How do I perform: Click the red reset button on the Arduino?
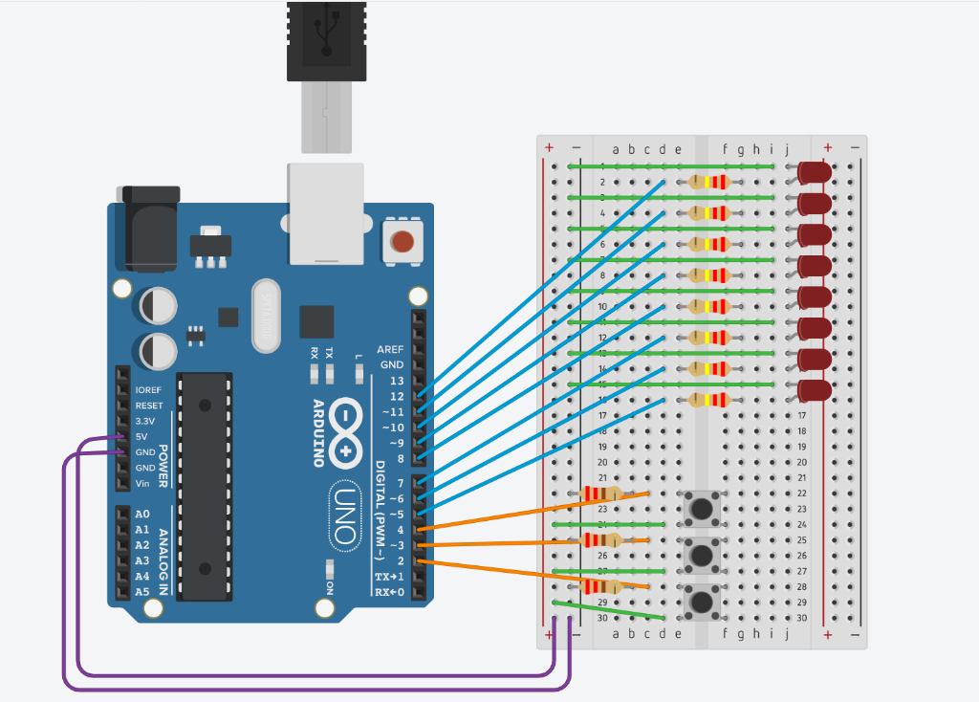coord(402,242)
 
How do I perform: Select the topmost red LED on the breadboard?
coord(815,173)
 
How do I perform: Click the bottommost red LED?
coord(815,390)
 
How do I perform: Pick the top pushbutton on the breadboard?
coord(703,508)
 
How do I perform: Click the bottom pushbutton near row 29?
coord(703,602)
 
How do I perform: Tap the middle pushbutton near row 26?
coord(703,555)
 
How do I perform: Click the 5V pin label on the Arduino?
coord(141,436)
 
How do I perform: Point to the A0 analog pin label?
coord(142,514)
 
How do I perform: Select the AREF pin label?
coord(390,349)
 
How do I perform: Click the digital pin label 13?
coord(397,381)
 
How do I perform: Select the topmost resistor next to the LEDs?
coord(708,182)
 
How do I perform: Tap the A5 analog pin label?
coord(142,591)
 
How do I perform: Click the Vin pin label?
coord(143,483)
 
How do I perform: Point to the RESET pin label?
coord(149,406)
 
